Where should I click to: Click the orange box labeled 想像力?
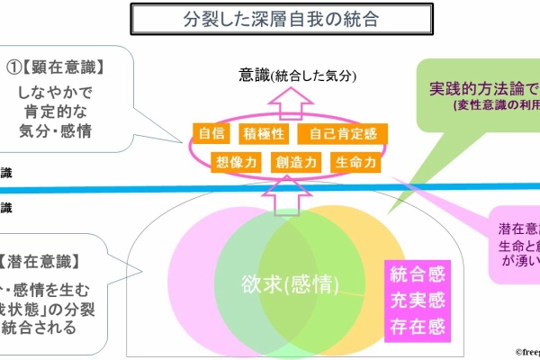232,162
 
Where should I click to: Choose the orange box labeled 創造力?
292,162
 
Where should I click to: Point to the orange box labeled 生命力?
353,162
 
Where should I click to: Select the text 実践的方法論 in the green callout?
477,87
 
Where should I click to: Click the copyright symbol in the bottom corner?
519,354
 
